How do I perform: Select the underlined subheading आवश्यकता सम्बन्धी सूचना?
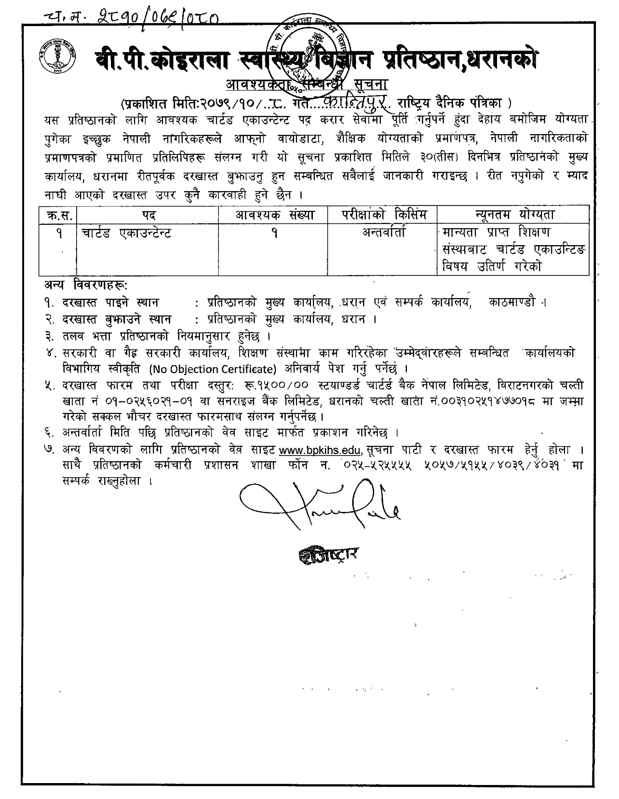click(307, 85)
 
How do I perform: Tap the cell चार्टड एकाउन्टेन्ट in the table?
click(126, 234)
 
